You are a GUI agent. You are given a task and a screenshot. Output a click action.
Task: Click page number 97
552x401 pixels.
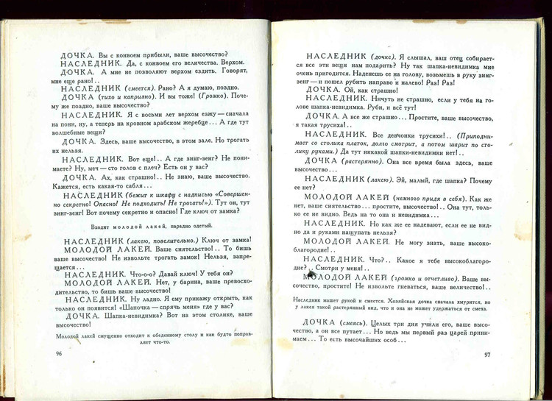(x=487, y=355)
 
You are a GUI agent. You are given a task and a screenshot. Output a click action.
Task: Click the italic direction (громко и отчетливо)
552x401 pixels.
(x=424, y=278)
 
